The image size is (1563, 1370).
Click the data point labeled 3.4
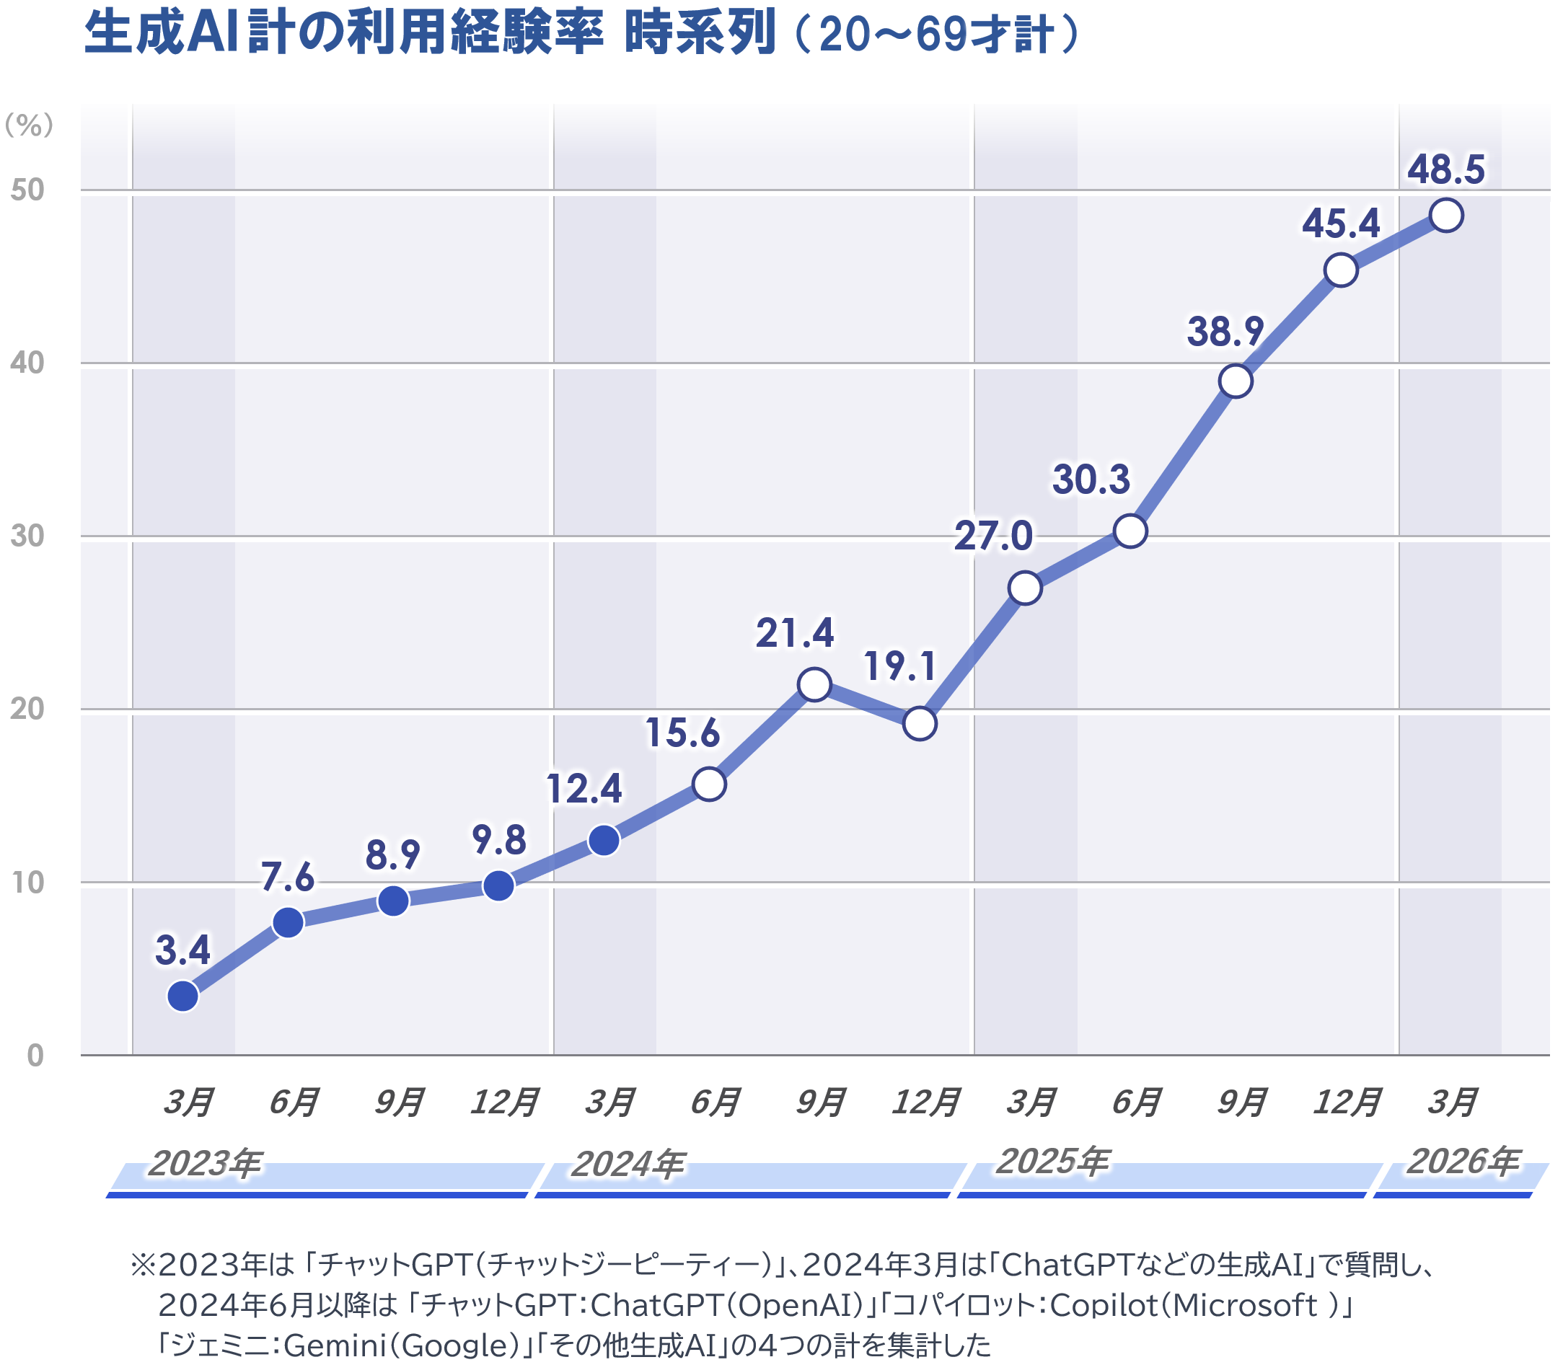(x=182, y=996)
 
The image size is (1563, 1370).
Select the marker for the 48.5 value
(x=1446, y=215)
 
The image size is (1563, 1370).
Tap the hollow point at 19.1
(x=919, y=723)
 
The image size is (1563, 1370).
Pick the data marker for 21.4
(x=814, y=684)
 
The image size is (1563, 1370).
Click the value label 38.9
(x=1224, y=332)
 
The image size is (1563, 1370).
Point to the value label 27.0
(x=992, y=535)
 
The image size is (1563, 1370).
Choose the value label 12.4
(x=584, y=788)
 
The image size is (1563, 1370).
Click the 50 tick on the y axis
(x=27, y=190)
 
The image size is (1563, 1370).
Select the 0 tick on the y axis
(x=35, y=1056)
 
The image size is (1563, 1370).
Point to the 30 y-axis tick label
(x=27, y=536)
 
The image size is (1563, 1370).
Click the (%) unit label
(x=29, y=125)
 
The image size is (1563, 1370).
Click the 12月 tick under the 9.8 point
(x=504, y=1102)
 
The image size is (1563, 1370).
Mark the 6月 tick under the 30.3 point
(x=1136, y=1102)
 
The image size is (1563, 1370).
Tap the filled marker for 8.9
(x=393, y=901)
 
